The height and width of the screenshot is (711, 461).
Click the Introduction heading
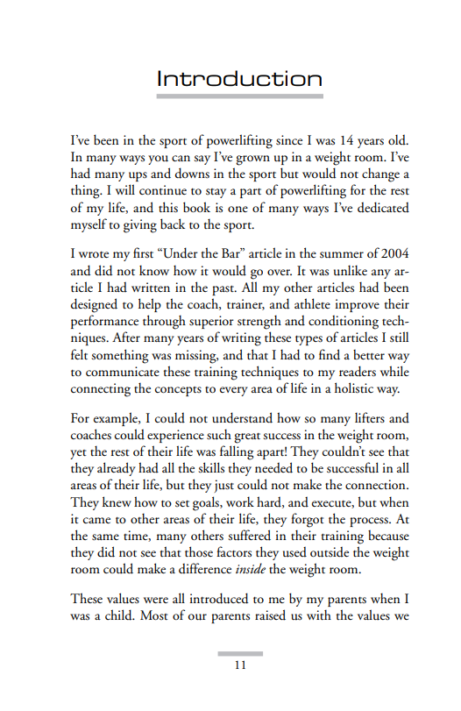tap(239, 79)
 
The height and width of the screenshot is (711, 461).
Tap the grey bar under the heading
tap(239, 96)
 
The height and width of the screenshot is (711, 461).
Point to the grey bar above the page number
tap(239, 652)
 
